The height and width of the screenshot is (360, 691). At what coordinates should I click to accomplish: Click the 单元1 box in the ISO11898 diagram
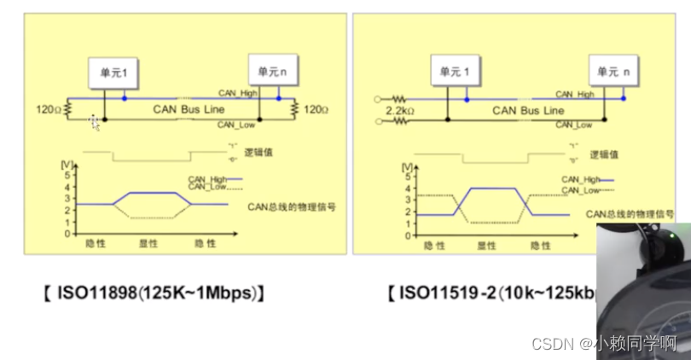113,74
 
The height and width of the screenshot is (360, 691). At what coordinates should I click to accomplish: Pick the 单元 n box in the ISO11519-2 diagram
613,73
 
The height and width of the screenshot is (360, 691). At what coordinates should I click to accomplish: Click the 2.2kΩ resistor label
399,112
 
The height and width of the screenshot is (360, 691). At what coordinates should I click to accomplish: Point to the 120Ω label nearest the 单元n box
316,109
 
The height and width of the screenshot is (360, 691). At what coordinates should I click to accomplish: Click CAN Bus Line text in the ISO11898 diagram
189,109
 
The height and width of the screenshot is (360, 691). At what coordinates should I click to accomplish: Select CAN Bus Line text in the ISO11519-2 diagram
528,110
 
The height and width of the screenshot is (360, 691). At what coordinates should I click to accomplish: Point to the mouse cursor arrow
95,124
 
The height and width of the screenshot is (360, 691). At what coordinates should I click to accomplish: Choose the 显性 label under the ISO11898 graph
149,243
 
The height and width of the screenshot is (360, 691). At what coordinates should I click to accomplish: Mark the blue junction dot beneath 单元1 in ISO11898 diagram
126,98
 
